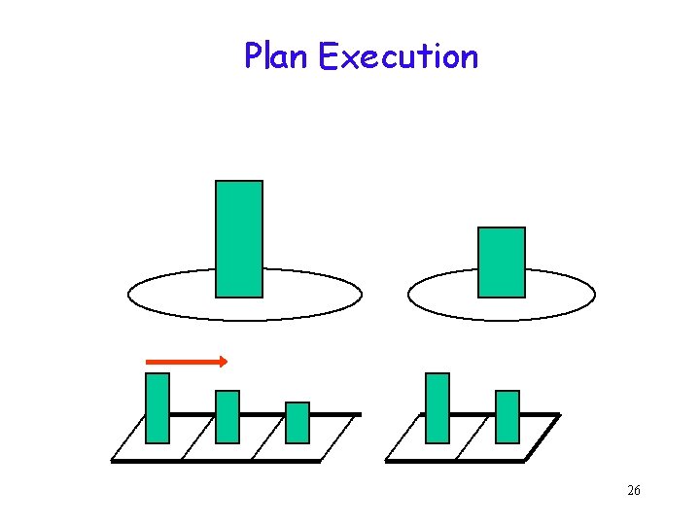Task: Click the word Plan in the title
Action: pyautogui.click(x=277, y=56)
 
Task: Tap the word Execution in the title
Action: pyautogui.click(x=399, y=56)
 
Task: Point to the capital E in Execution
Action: pyautogui.click(x=327, y=56)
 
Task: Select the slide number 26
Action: pyautogui.click(x=634, y=491)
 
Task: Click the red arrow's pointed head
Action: pyautogui.click(x=224, y=362)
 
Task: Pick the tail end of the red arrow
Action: pyautogui.click(x=149, y=362)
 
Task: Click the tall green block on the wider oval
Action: pyautogui.click(x=239, y=238)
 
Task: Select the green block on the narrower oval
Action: pyautogui.click(x=502, y=262)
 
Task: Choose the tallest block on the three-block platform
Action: pyautogui.click(x=157, y=407)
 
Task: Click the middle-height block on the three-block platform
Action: pyautogui.click(x=227, y=416)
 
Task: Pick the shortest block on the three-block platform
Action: pyautogui.click(x=297, y=422)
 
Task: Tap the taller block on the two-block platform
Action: pyautogui.click(x=437, y=407)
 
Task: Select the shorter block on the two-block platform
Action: pyautogui.click(x=507, y=416)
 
